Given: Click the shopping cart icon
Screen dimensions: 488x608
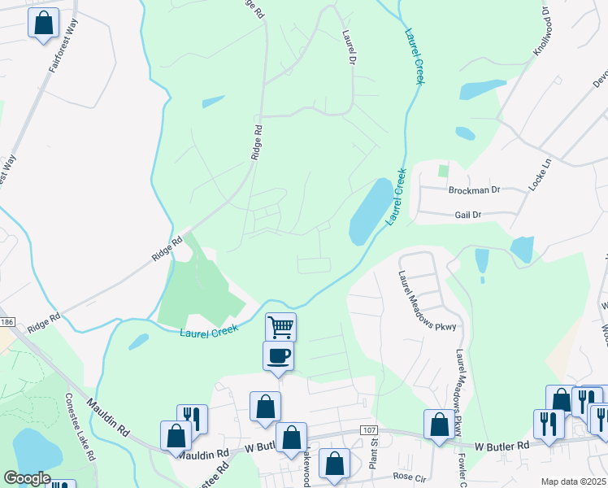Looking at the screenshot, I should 280,327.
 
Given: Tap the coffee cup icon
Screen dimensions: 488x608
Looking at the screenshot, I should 278,355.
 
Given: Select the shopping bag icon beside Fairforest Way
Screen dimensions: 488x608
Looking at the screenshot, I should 44,22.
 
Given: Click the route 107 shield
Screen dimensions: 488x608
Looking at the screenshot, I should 370,429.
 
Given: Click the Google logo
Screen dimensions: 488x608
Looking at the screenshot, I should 27,478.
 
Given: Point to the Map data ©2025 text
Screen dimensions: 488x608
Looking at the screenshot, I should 573,481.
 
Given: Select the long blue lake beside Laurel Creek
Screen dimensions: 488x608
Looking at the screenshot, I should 370,211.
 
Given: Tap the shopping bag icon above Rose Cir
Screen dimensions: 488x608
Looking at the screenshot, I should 334,464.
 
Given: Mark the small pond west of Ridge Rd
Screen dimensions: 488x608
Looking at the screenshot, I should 214,102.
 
